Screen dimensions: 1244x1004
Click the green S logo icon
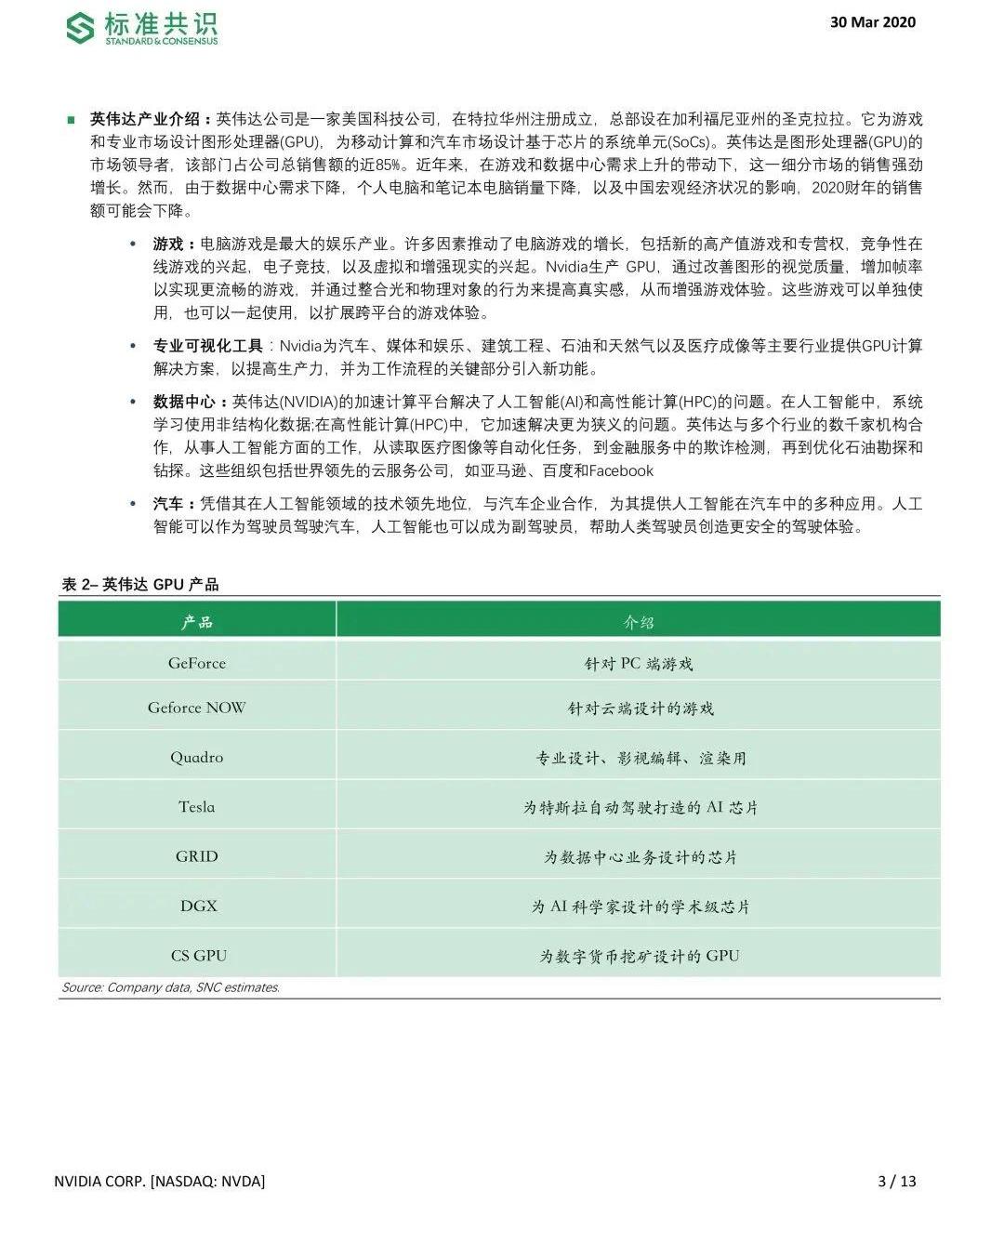(80, 28)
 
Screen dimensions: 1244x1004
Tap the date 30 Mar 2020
(872, 22)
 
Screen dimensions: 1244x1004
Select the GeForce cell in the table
(197, 663)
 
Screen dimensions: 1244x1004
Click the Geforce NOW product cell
(197, 708)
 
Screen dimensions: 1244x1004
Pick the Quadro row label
(197, 757)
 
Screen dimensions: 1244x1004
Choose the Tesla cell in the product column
(197, 807)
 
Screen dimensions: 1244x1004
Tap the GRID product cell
(197, 856)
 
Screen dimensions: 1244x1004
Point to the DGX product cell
(198, 906)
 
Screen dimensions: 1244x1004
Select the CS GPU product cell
(198, 956)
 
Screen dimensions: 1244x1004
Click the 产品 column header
(197, 622)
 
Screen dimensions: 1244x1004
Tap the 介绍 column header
(639, 622)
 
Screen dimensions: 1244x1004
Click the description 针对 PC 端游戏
(639, 664)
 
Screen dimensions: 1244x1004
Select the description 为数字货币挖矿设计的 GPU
(640, 956)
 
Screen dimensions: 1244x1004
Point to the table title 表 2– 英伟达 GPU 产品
(140, 584)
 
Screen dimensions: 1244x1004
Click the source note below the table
(170, 987)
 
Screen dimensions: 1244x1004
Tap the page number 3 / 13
(897, 1181)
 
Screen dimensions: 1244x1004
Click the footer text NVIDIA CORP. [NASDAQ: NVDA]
(160, 1181)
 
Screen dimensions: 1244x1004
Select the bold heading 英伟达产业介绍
(145, 119)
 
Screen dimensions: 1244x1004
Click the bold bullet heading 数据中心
(186, 402)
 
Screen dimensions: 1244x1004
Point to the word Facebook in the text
(621, 470)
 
